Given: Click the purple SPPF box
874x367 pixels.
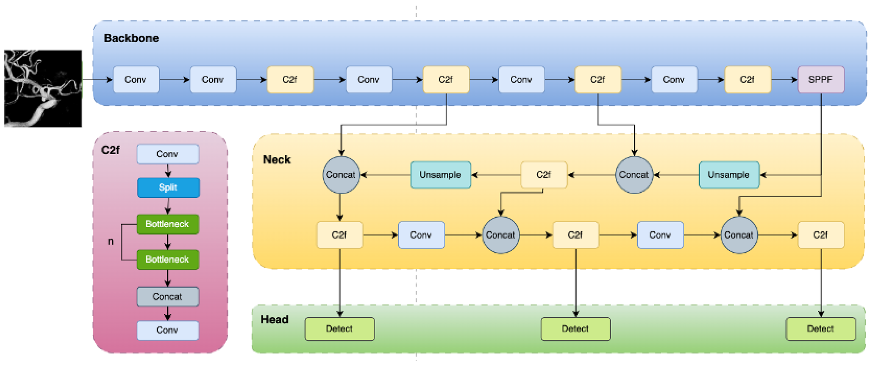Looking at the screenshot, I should coord(820,79).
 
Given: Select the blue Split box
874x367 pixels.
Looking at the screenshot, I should coord(168,188).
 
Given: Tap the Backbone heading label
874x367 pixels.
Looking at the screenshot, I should coord(131,38).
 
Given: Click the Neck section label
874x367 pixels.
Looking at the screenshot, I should coord(277,160).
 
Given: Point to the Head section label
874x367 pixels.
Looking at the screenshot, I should coord(274,319).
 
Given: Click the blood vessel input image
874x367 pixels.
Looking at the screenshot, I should coord(43,88).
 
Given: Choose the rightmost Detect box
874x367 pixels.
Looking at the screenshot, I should coord(820,329).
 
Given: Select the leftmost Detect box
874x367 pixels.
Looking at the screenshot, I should coord(339,329).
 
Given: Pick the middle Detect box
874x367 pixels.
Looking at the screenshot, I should coord(575,329).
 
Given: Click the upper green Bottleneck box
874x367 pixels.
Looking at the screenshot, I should coord(168,224).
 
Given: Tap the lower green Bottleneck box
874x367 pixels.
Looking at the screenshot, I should coord(168,259).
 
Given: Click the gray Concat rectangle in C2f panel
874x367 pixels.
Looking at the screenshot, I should coord(168,296).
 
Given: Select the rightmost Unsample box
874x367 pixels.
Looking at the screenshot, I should coord(729,175).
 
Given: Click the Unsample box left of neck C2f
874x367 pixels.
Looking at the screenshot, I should coord(440,175).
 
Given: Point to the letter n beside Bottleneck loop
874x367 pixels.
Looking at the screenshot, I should coord(110,242).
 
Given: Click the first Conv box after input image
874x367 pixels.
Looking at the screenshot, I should coord(136,79).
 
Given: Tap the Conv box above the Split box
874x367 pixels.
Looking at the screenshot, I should coord(168,154).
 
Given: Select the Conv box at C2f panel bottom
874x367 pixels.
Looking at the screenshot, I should coord(168,330).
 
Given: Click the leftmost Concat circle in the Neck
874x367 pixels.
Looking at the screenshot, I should coord(341,175).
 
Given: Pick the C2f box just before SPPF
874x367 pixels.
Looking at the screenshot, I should coord(747,79).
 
